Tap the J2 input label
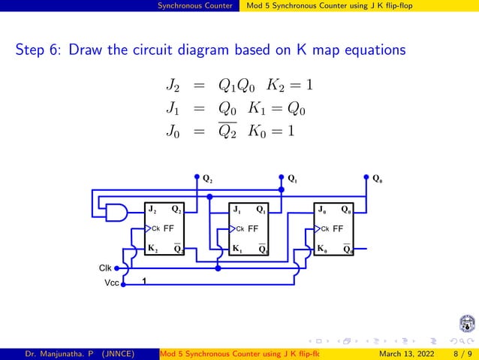point(152,210)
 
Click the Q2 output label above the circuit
point(207,180)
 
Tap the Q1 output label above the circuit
point(292,180)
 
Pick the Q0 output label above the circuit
point(378,180)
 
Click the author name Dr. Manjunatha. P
point(52,352)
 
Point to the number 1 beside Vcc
point(143,282)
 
